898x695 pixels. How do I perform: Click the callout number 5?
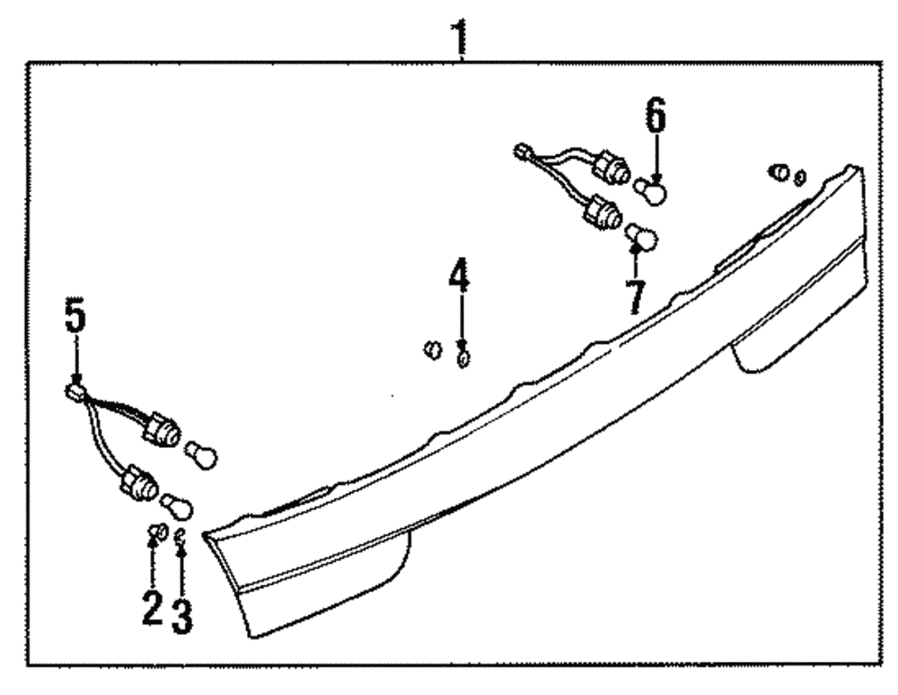pos(75,314)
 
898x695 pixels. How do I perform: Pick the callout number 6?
pos(656,115)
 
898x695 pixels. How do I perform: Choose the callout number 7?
pos(636,297)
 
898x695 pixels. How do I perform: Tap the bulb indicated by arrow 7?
pos(641,238)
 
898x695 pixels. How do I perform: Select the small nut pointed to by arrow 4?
pos(463,359)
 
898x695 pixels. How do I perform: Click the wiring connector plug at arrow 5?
pos(75,391)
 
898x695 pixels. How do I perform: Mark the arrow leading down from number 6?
pos(656,158)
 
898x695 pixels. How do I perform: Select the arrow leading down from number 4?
pos(462,321)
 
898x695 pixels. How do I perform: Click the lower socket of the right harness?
pos(602,214)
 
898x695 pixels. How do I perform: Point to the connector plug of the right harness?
pos(522,151)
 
